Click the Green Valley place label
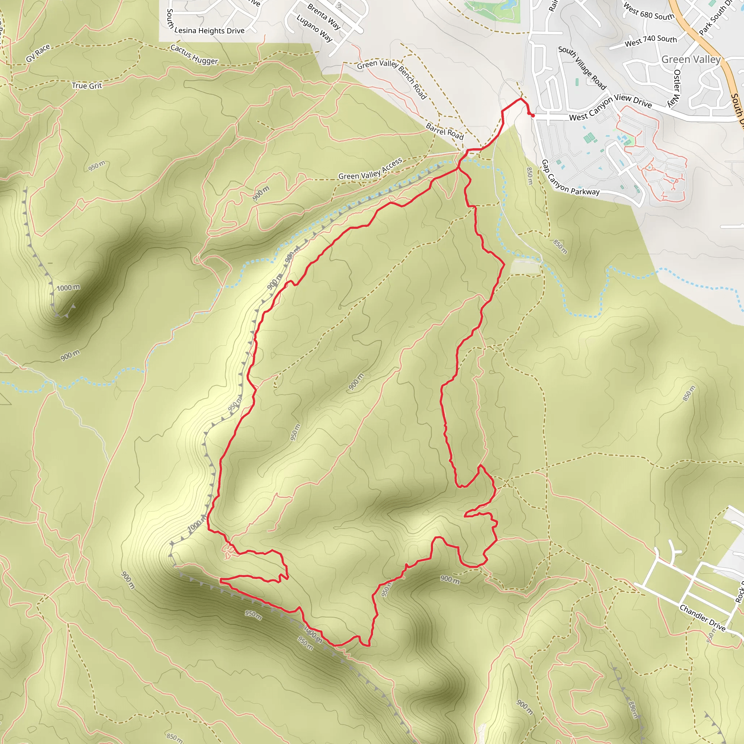691,59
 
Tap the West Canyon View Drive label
610,107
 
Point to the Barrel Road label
444,131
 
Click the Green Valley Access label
370,169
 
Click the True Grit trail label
87,85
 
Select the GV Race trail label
38,53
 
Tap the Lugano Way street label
314,28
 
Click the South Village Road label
582,68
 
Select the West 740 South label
650,40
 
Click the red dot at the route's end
533,115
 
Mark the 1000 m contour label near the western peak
68,288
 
